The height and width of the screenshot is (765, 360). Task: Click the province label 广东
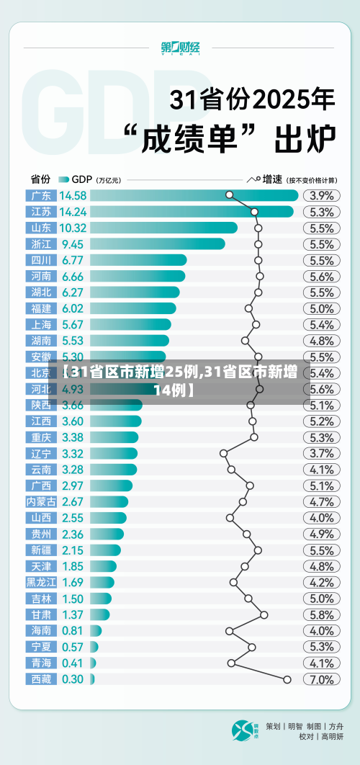point(41,195)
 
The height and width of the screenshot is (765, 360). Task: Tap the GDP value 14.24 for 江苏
point(73,212)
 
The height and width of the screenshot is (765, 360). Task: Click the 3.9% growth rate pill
point(321,195)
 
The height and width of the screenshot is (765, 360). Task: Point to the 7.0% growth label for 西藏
point(321,679)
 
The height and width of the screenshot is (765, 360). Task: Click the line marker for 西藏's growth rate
point(287,679)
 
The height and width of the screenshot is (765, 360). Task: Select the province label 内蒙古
point(41,502)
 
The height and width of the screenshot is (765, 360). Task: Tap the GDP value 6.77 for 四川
point(73,260)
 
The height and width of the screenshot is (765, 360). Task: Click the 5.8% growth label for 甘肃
point(321,615)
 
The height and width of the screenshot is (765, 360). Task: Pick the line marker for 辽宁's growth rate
point(223,453)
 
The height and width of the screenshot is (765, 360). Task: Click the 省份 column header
point(40,179)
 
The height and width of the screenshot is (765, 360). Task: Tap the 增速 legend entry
point(271,179)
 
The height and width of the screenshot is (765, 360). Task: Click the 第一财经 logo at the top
point(180,48)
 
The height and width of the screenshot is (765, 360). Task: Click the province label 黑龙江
point(41,583)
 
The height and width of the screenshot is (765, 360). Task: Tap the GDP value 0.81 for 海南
point(73,631)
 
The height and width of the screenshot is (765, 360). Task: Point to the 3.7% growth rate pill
point(321,453)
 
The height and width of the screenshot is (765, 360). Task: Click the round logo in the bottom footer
point(243,731)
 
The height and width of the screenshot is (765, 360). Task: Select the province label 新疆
point(41,550)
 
